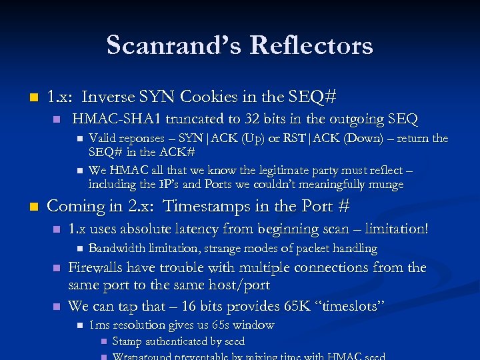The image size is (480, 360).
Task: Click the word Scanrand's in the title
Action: (173, 46)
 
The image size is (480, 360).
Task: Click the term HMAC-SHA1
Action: (116, 119)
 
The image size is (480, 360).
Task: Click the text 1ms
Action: (99, 325)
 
